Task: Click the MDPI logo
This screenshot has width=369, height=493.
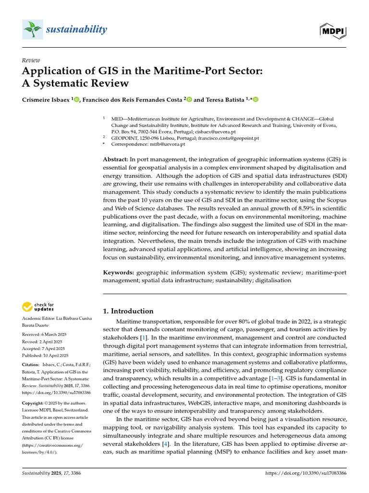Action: coord(333,31)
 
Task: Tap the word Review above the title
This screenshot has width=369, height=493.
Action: coord(31,60)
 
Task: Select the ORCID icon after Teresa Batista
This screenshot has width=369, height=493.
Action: coord(255,100)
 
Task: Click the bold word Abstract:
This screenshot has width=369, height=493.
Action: coord(116,159)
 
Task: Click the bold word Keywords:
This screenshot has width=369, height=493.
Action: coord(119,272)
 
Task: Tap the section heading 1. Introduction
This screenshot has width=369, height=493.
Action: coord(129,311)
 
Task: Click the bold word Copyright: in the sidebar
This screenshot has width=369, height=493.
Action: coord(34,402)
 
